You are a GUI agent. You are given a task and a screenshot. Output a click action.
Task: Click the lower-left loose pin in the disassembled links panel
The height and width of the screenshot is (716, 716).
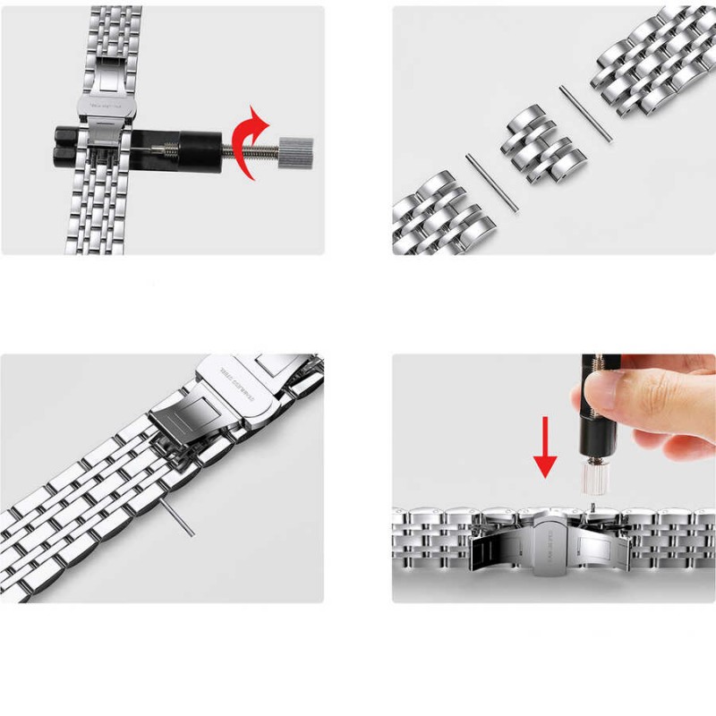492,183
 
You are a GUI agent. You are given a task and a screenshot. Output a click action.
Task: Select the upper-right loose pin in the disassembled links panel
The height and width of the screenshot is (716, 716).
586,114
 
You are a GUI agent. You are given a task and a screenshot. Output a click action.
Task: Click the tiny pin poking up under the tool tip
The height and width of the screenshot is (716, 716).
592,507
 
